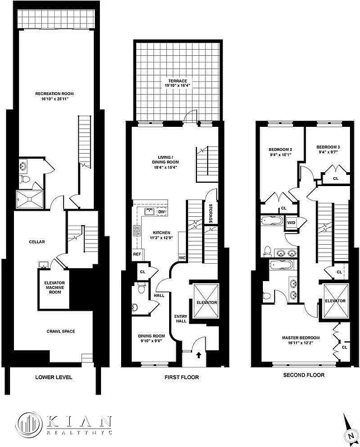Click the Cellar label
click(36, 241)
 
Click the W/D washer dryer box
click(291, 223)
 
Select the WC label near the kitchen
click(182, 258)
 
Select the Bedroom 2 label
click(280, 153)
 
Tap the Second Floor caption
click(304, 375)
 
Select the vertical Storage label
click(210, 212)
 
